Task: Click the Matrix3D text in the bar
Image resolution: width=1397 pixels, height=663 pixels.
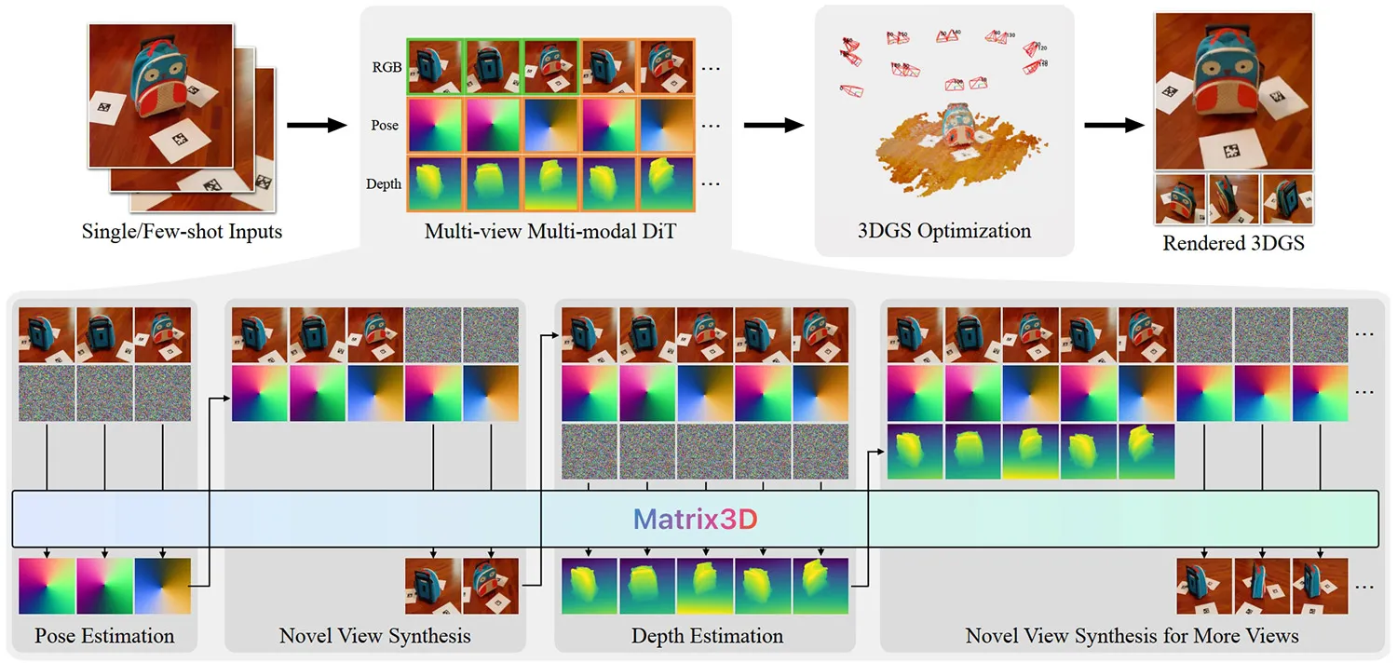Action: [x=696, y=520]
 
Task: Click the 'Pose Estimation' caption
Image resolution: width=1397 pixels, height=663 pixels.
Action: [x=104, y=637]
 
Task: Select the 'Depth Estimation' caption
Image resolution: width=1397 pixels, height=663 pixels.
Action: [x=707, y=637]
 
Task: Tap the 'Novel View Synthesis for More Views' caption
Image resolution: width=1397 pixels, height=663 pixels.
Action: [x=1132, y=637]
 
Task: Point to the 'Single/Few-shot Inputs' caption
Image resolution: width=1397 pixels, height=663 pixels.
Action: [x=181, y=231]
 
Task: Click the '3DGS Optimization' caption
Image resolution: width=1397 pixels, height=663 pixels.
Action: [x=944, y=231]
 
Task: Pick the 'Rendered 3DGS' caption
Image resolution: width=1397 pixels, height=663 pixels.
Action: [x=1233, y=244]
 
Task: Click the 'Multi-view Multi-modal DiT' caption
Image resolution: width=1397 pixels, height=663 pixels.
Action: [x=549, y=232]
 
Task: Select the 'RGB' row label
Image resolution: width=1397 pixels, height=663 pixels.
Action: [x=386, y=67]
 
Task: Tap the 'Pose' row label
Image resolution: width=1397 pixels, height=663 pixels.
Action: [x=385, y=125]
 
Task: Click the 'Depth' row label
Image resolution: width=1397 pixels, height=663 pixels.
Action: [x=384, y=183]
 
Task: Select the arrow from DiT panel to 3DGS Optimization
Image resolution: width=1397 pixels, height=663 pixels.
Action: [x=773, y=125]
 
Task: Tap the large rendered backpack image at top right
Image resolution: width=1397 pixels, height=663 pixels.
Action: [x=1233, y=91]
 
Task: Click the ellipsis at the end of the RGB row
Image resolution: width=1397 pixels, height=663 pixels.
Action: [x=711, y=68]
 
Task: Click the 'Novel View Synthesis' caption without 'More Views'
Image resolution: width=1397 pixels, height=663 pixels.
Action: [x=374, y=637]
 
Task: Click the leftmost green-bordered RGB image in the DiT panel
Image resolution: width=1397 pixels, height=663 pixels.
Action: [x=435, y=66]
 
